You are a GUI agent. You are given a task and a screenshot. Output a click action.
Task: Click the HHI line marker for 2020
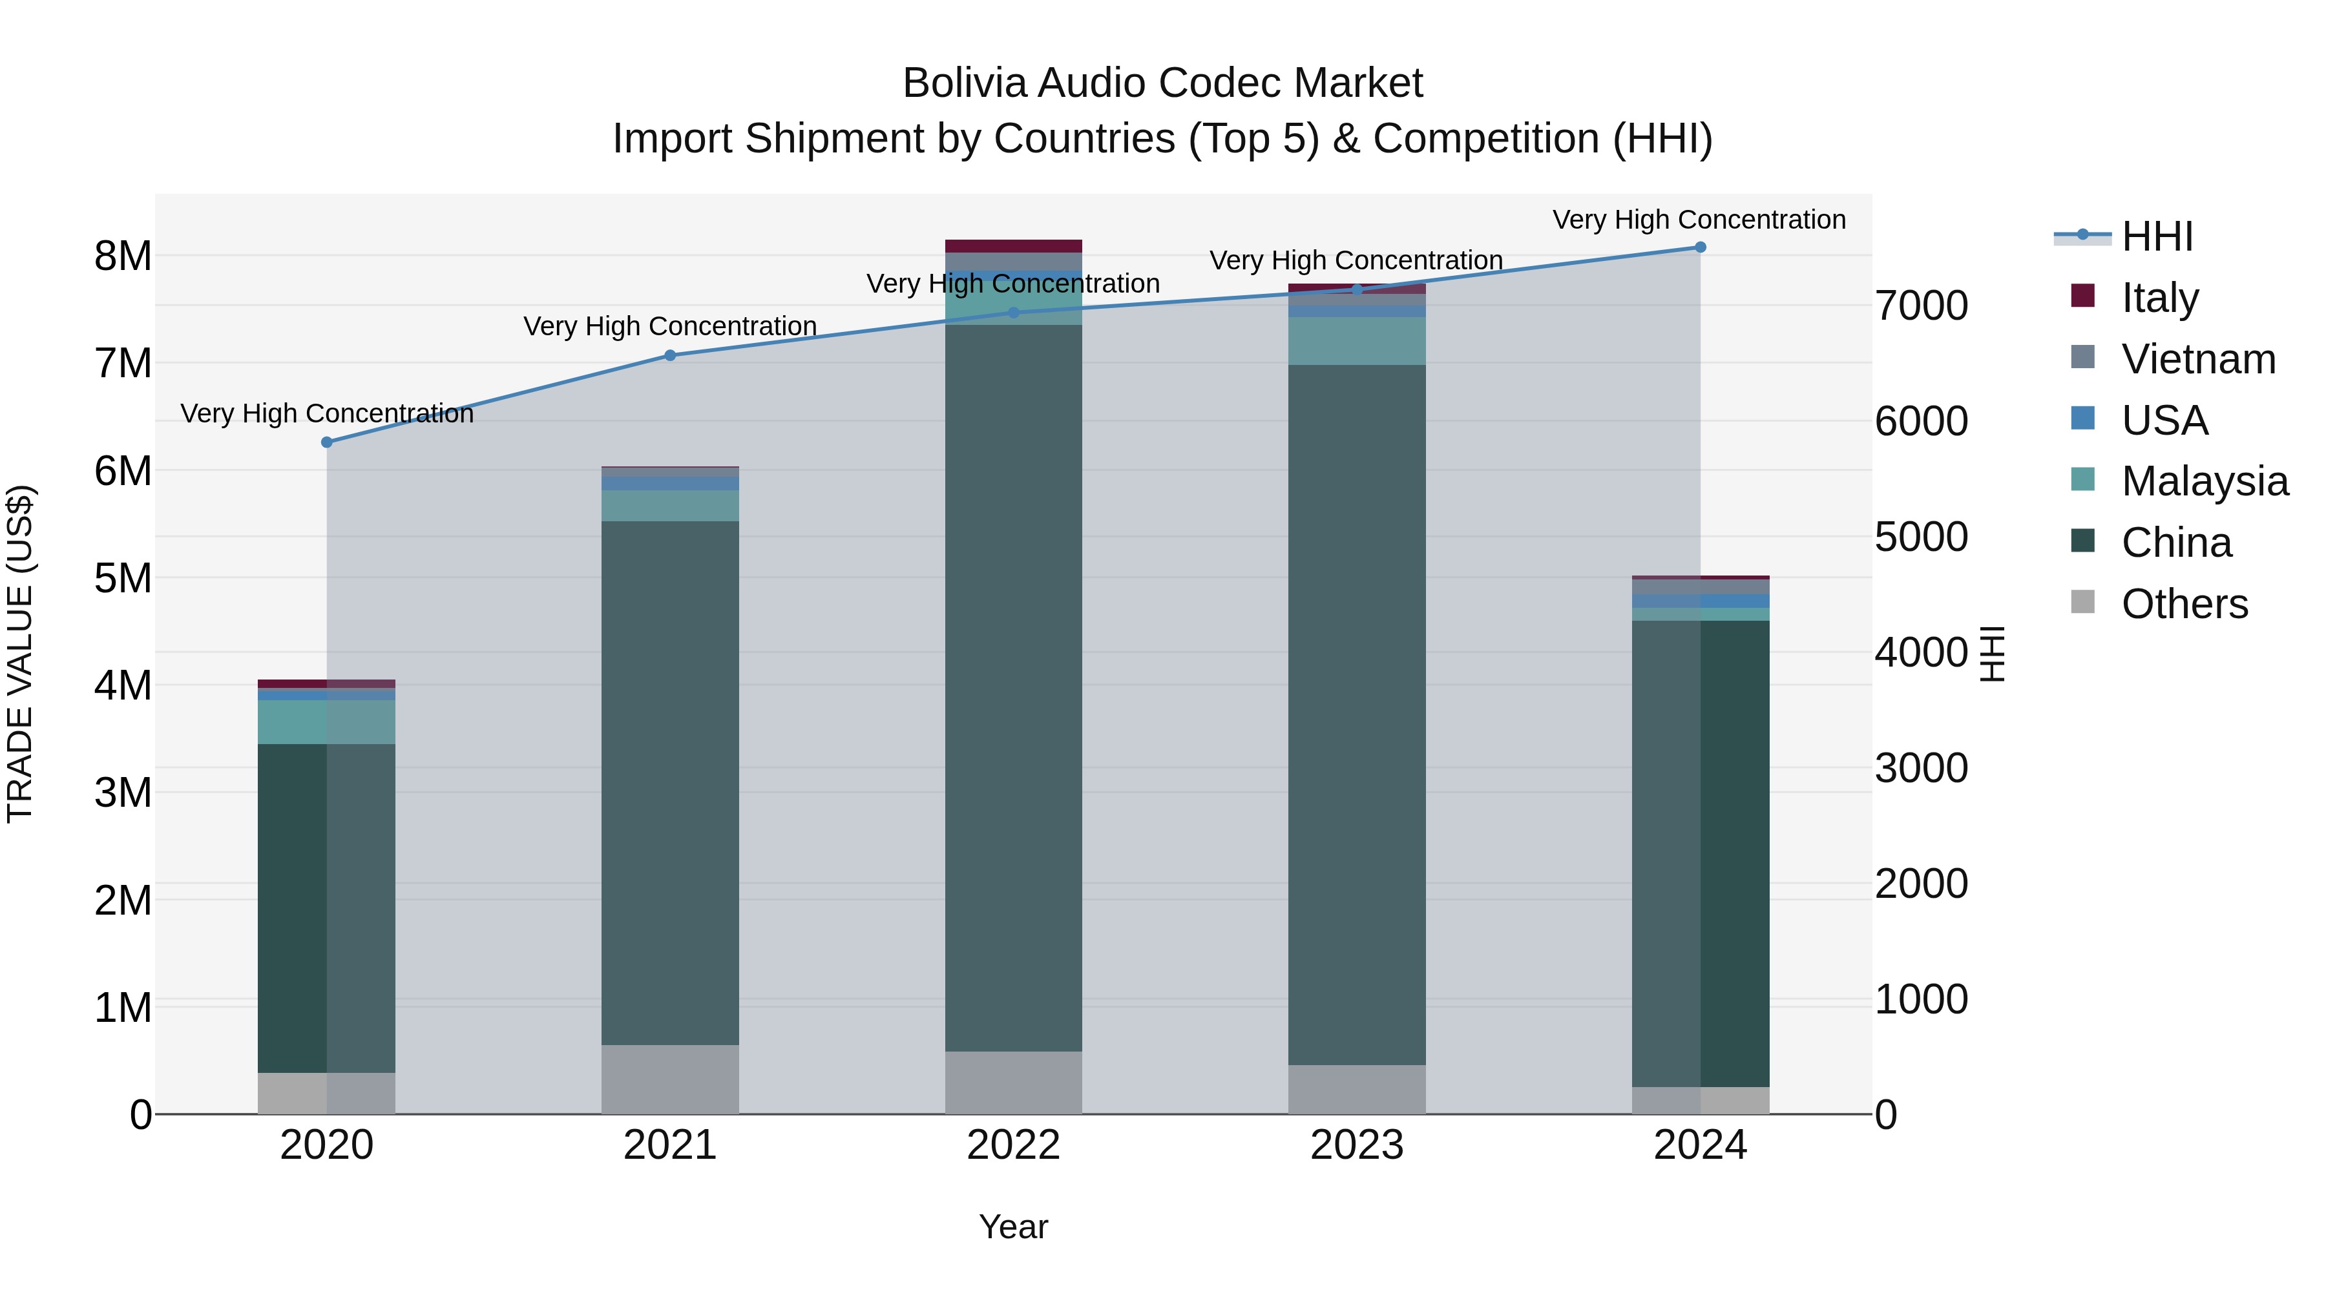(x=327, y=442)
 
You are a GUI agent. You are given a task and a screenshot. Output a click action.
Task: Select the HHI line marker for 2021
(x=670, y=356)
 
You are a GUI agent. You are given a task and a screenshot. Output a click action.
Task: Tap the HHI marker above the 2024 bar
(x=1701, y=247)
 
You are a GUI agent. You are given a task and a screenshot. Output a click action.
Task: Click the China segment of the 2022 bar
(x=1013, y=686)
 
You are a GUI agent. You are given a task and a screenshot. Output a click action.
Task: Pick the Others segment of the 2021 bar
(x=670, y=1079)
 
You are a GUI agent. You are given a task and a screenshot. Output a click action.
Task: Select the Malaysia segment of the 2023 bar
(x=1356, y=340)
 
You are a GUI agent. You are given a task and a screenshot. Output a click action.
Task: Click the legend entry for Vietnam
(x=2198, y=359)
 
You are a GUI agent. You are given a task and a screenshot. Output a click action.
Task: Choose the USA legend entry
(x=2164, y=420)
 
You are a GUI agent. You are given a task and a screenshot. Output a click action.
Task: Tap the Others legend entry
(x=2185, y=604)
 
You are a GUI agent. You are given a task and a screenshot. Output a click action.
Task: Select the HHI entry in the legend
(x=2157, y=236)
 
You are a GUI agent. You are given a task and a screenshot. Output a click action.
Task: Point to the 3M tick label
(x=123, y=793)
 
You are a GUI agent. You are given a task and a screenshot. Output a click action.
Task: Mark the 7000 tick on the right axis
(x=1922, y=306)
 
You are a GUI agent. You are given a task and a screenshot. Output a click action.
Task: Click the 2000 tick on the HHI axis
(x=1922, y=884)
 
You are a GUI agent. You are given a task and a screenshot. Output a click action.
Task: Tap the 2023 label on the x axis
(x=1356, y=1145)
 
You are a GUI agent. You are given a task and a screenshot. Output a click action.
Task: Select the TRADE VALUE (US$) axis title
(x=20, y=654)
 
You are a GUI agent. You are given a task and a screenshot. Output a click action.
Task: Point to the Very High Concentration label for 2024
(x=1699, y=220)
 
